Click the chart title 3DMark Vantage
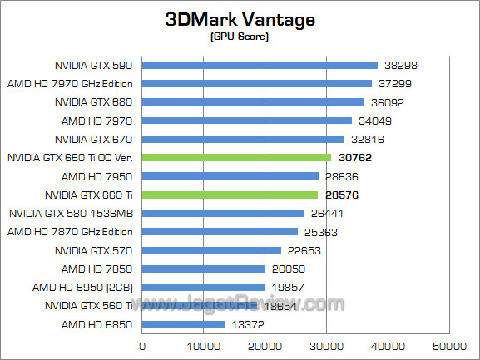(x=240, y=20)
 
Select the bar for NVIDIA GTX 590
(x=260, y=65)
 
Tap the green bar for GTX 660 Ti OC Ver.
(x=237, y=157)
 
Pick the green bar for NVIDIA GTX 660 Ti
(x=230, y=195)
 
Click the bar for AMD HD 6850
(x=184, y=324)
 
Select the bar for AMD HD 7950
(x=230, y=175)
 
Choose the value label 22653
(x=304, y=250)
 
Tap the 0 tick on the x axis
(x=143, y=345)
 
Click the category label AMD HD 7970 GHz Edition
(x=70, y=83)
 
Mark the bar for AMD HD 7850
(x=204, y=269)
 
